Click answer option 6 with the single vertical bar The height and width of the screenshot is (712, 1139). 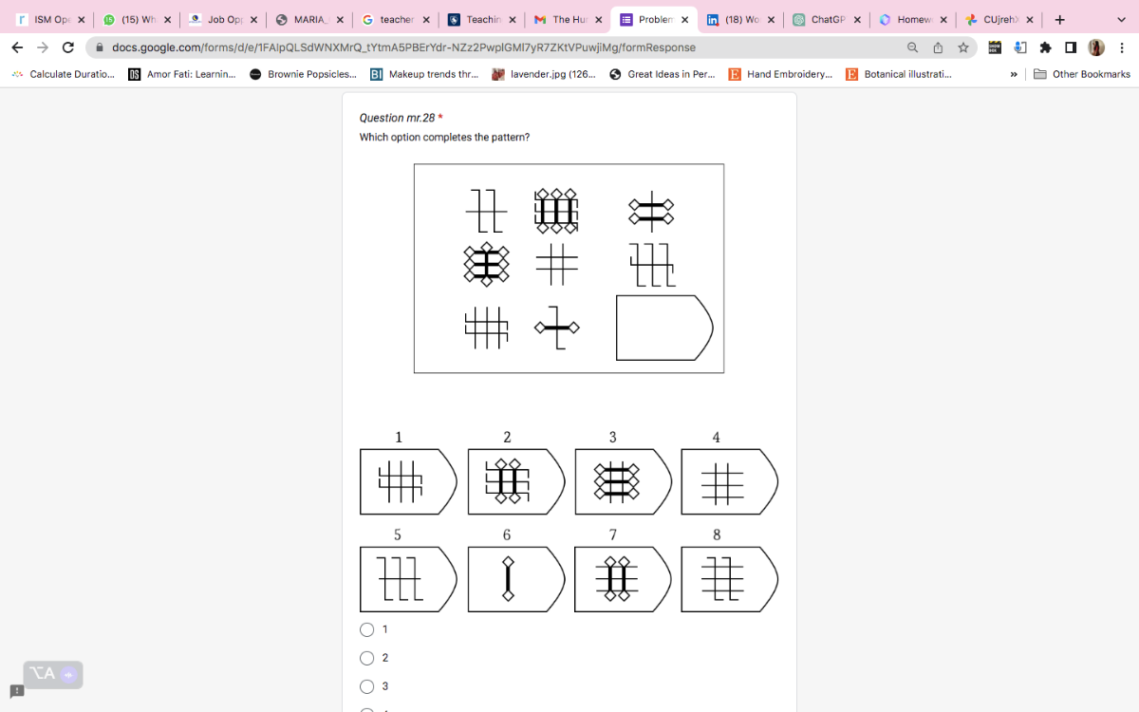pos(508,579)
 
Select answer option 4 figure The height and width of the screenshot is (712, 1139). pos(728,482)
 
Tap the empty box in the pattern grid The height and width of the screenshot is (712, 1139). pos(663,328)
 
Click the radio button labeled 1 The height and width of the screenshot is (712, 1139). pos(367,629)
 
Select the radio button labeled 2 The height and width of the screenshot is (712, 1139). pos(367,658)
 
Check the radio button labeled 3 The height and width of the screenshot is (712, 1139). pos(367,686)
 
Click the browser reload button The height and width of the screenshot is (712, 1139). pos(68,47)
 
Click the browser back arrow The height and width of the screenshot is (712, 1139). pos(17,47)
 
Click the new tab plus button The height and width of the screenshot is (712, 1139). pos(1059,19)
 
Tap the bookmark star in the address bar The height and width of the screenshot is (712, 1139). pos(963,47)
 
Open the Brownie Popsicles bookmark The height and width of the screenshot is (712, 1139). pos(304,74)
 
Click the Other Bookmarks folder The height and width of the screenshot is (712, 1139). pos(1082,74)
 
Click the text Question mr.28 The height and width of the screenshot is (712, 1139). pos(397,118)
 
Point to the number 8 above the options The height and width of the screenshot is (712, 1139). pos(717,534)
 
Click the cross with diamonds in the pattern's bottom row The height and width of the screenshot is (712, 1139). pos(557,328)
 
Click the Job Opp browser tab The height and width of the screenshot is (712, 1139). pos(223,19)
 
